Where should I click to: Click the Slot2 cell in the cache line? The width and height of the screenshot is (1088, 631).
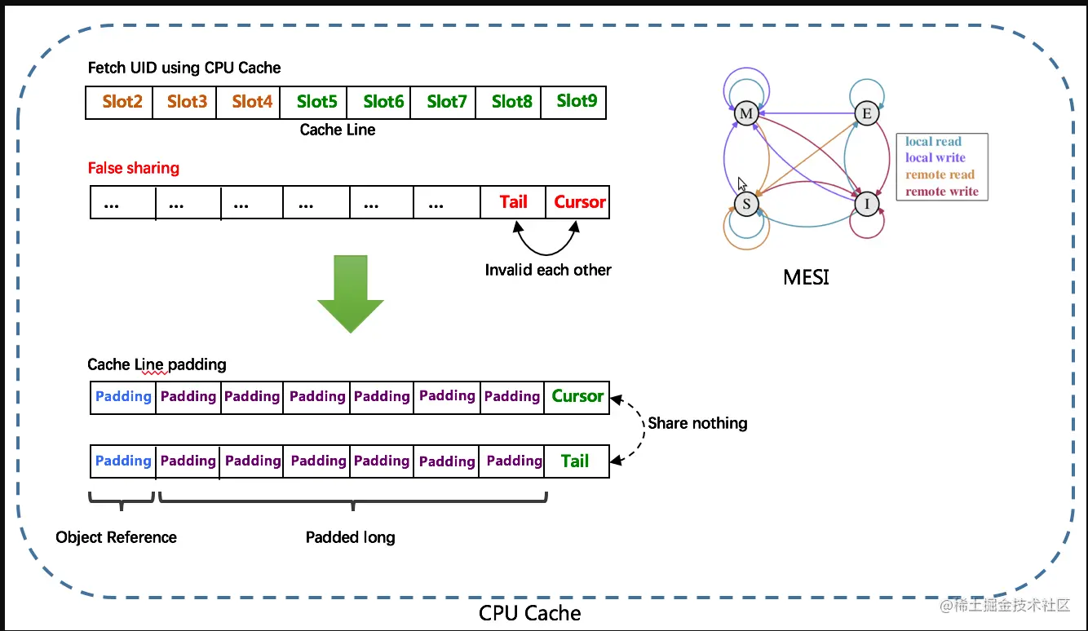tap(122, 102)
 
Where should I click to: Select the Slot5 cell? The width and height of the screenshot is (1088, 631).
tap(316, 102)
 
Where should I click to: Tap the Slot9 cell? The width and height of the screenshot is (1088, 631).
tap(576, 102)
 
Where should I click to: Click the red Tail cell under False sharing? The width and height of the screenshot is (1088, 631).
tap(513, 202)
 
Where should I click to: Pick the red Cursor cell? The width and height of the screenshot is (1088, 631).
tap(579, 202)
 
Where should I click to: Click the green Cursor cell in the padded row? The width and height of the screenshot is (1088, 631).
tap(577, 396)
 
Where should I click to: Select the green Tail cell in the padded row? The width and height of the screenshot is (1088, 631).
tap(575, 461)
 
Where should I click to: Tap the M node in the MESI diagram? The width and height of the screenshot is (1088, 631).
tap(745, 114)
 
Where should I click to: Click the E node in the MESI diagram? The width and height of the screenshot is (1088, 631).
tap(867, 114)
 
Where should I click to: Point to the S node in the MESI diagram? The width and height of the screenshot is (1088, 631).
tap(746, 204)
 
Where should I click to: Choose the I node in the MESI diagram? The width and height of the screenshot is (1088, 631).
tap(867, 204)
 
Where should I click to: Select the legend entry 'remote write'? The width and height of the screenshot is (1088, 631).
tap(941, 192)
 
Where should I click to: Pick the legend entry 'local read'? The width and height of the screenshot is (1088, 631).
tap(933, 142)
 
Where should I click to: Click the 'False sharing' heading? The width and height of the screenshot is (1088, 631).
tap(134, 169)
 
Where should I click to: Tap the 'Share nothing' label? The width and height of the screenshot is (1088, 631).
tap(697, 423)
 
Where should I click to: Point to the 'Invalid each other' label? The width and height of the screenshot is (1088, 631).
tap(548, 270)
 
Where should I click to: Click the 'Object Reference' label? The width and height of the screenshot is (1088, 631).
tap(116, 537)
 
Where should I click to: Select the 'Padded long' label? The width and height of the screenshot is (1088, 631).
tap(350, 537)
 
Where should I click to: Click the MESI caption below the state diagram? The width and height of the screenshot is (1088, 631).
tap(806, 277)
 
